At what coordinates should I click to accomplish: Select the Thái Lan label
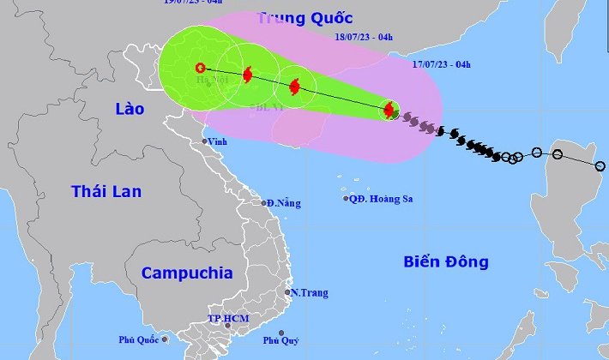coord(106,191)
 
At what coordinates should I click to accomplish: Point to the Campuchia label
coord(186,273)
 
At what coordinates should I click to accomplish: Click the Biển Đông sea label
coord(445,261)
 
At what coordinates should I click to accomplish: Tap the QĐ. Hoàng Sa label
coord(381,199)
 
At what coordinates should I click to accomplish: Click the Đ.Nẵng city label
coord(284,203)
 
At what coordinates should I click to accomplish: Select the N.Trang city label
coord(310,293)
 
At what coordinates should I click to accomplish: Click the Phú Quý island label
coord(281,340)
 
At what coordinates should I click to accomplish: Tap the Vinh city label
coord(218,141)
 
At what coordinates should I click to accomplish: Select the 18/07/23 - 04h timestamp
coord(364,38)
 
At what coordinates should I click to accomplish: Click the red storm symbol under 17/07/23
coord(389,110)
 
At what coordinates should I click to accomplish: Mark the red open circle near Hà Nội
coord(200,68)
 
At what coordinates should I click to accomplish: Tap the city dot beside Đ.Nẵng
coord(264,202)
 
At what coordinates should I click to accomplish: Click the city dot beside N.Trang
coord(287,292)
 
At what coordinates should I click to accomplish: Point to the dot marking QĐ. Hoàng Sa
coord(346,199)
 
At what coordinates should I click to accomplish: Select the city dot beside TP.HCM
coord(227,326)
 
